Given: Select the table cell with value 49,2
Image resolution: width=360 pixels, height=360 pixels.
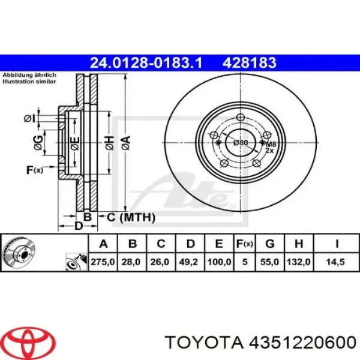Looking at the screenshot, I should click(x=190, y=262).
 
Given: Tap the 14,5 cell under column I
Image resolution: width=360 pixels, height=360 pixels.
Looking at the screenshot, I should click(x=334, y=262).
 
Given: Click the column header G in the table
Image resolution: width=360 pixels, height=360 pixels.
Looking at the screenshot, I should click(x=269, y=244).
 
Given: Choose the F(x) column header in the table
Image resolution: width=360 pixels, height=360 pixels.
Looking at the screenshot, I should click(x=244, y=244).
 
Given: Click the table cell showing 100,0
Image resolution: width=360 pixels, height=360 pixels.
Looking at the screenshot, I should click(x=218, y=262).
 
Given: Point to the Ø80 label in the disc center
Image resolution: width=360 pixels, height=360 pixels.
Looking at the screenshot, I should click(x=241, y=143).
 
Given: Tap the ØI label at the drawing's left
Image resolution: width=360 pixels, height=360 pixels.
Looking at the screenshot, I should click(x=29, y=119).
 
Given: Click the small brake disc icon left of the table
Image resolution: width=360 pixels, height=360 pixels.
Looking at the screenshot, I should click(x=18, y=253).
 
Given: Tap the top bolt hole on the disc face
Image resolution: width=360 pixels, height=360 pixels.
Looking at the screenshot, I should click(x=241, y=118).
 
